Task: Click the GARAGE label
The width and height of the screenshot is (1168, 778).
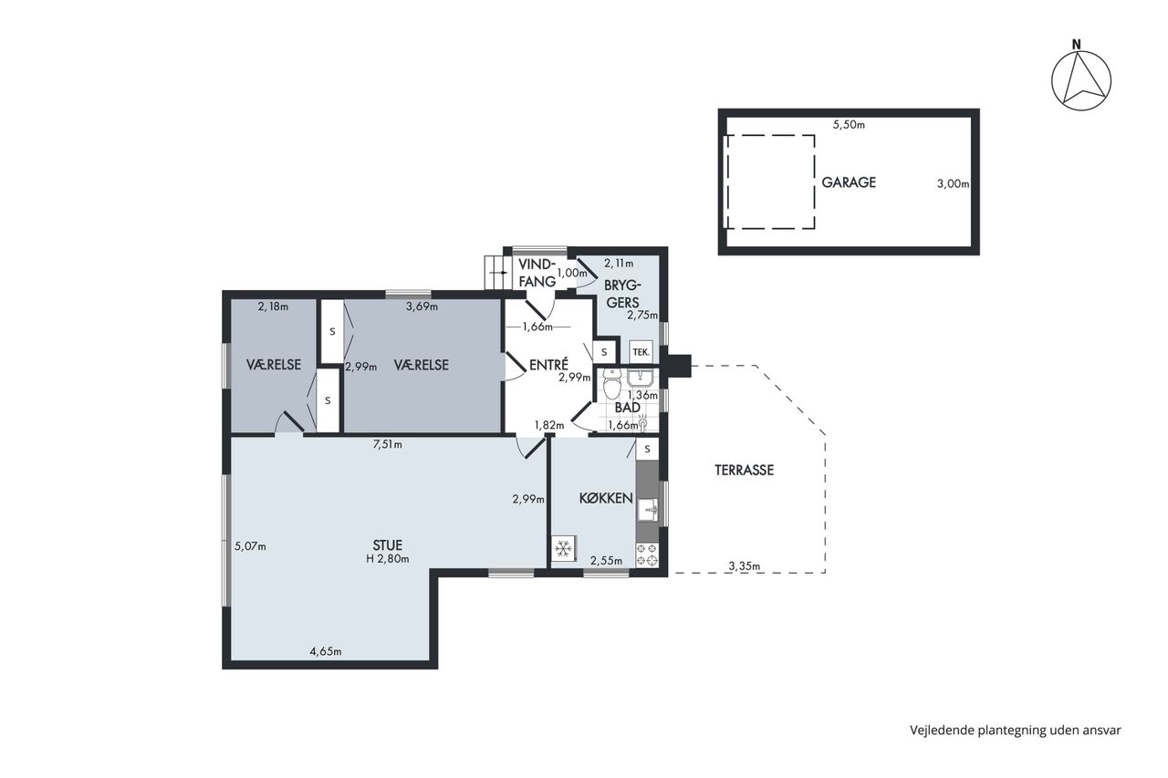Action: (849, 182)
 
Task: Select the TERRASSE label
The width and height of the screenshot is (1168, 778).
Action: (744, 470)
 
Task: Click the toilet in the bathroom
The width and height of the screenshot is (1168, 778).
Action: (611, 384)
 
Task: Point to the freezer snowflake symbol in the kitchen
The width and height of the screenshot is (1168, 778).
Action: (563, 548)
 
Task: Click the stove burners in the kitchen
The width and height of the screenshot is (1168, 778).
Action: (647, 555)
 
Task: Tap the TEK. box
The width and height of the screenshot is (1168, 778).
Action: (641, 352)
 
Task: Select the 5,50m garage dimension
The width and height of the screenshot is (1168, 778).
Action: (849, 125)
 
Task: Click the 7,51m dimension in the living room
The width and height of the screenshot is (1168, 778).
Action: (388, 444)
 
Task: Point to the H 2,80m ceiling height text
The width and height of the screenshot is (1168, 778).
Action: (388, 559)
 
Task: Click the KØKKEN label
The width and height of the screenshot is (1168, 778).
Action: (606, 498)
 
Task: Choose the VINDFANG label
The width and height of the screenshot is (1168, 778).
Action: (537, 273)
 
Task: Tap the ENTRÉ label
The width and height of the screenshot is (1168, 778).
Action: (548, 365)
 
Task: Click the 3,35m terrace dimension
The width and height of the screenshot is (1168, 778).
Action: (744, 565)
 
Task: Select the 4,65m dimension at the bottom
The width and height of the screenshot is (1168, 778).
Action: (326, 651)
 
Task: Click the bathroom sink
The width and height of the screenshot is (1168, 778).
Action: (639, 377)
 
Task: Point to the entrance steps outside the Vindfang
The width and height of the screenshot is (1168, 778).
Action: (495, 273)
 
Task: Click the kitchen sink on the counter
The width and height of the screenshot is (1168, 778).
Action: (647, 510)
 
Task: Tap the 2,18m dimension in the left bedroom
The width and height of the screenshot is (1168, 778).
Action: (273, 306)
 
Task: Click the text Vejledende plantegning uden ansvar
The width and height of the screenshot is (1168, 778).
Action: (1016, 730)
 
